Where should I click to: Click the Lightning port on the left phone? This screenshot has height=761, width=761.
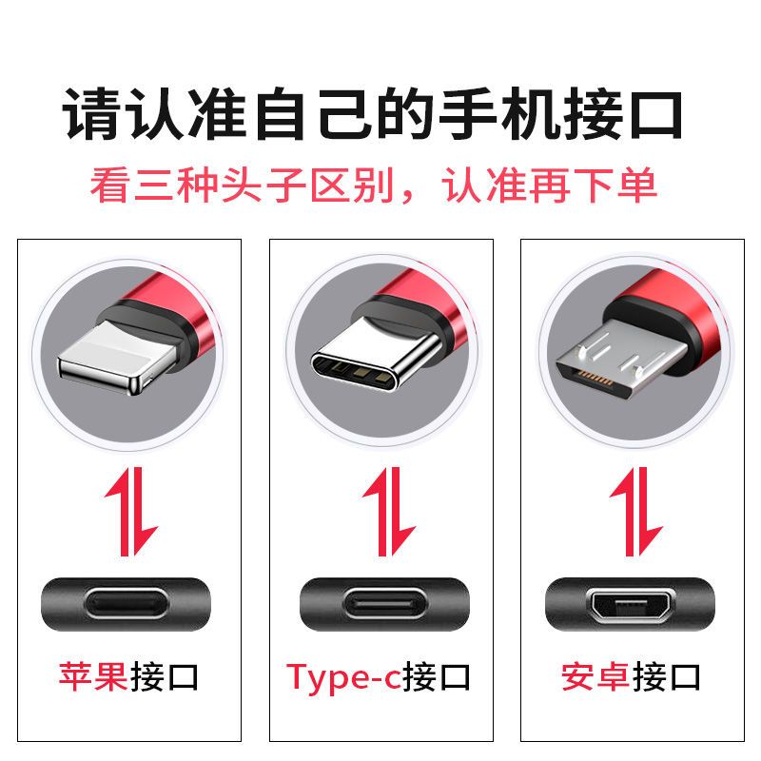[x=127, y=604]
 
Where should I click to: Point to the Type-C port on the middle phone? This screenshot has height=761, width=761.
[x=384, y=604]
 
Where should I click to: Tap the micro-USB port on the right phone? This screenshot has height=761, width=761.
[x=631, y=604]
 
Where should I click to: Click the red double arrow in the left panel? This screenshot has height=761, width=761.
[x=131, y=512]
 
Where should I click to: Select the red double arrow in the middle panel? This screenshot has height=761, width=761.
[x=388, y=512]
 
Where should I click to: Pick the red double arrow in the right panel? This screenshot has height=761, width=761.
[x=635, y=512]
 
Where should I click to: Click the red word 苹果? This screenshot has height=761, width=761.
[x=93, y=676]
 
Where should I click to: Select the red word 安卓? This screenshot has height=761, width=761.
[x=595, y=676]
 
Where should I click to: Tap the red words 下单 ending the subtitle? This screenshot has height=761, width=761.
[x=615, y=185]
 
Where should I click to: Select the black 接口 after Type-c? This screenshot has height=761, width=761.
[x=437, y=676]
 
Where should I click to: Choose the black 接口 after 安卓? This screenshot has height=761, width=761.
[x=666, y=676]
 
